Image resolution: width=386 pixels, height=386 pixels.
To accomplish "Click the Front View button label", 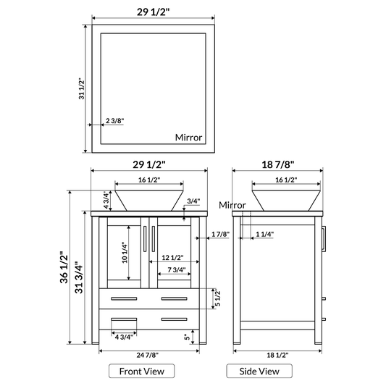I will click(142, 371).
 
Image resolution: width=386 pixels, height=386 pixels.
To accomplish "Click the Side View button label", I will click(259, 371).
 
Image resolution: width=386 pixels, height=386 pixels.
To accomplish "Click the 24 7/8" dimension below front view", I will click(148, 354).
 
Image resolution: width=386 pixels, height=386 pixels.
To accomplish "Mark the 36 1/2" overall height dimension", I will click(64, 267).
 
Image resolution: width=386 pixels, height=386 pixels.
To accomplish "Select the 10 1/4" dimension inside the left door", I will click(124, 252).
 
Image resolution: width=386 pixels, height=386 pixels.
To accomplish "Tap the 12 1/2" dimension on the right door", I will click(172, 258).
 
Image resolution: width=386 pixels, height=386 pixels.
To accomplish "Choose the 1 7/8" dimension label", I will click(220, 234).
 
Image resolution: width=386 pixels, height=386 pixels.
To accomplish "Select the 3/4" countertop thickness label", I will click(193, 201).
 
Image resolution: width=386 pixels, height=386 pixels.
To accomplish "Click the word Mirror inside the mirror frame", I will click(189, 137).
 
